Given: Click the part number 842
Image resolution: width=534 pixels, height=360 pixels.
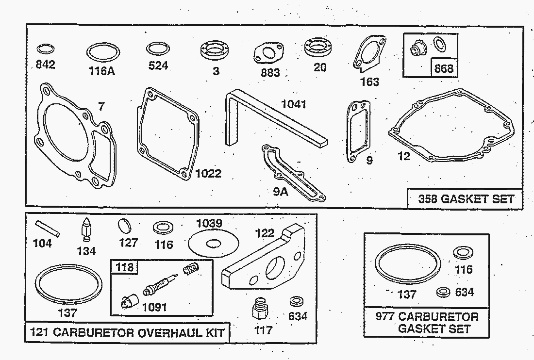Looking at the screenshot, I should click(x=46, y=65).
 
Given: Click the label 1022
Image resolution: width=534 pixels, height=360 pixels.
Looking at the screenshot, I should click(x=208, y=173).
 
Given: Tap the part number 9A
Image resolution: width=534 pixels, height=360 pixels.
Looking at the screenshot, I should click(x=281, y=191).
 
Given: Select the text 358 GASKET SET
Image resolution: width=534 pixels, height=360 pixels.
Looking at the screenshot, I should click(x=466, y=199).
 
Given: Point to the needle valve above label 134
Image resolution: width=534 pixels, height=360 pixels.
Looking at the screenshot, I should click(x=86, y=229).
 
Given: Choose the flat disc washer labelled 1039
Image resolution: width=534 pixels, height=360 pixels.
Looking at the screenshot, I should click(x=213, y=241).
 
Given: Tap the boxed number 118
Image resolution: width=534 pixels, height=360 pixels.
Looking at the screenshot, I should click(x=124, y=267).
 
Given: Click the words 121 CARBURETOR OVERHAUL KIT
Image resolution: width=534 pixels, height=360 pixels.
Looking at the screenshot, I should click(x=128, y=332).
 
